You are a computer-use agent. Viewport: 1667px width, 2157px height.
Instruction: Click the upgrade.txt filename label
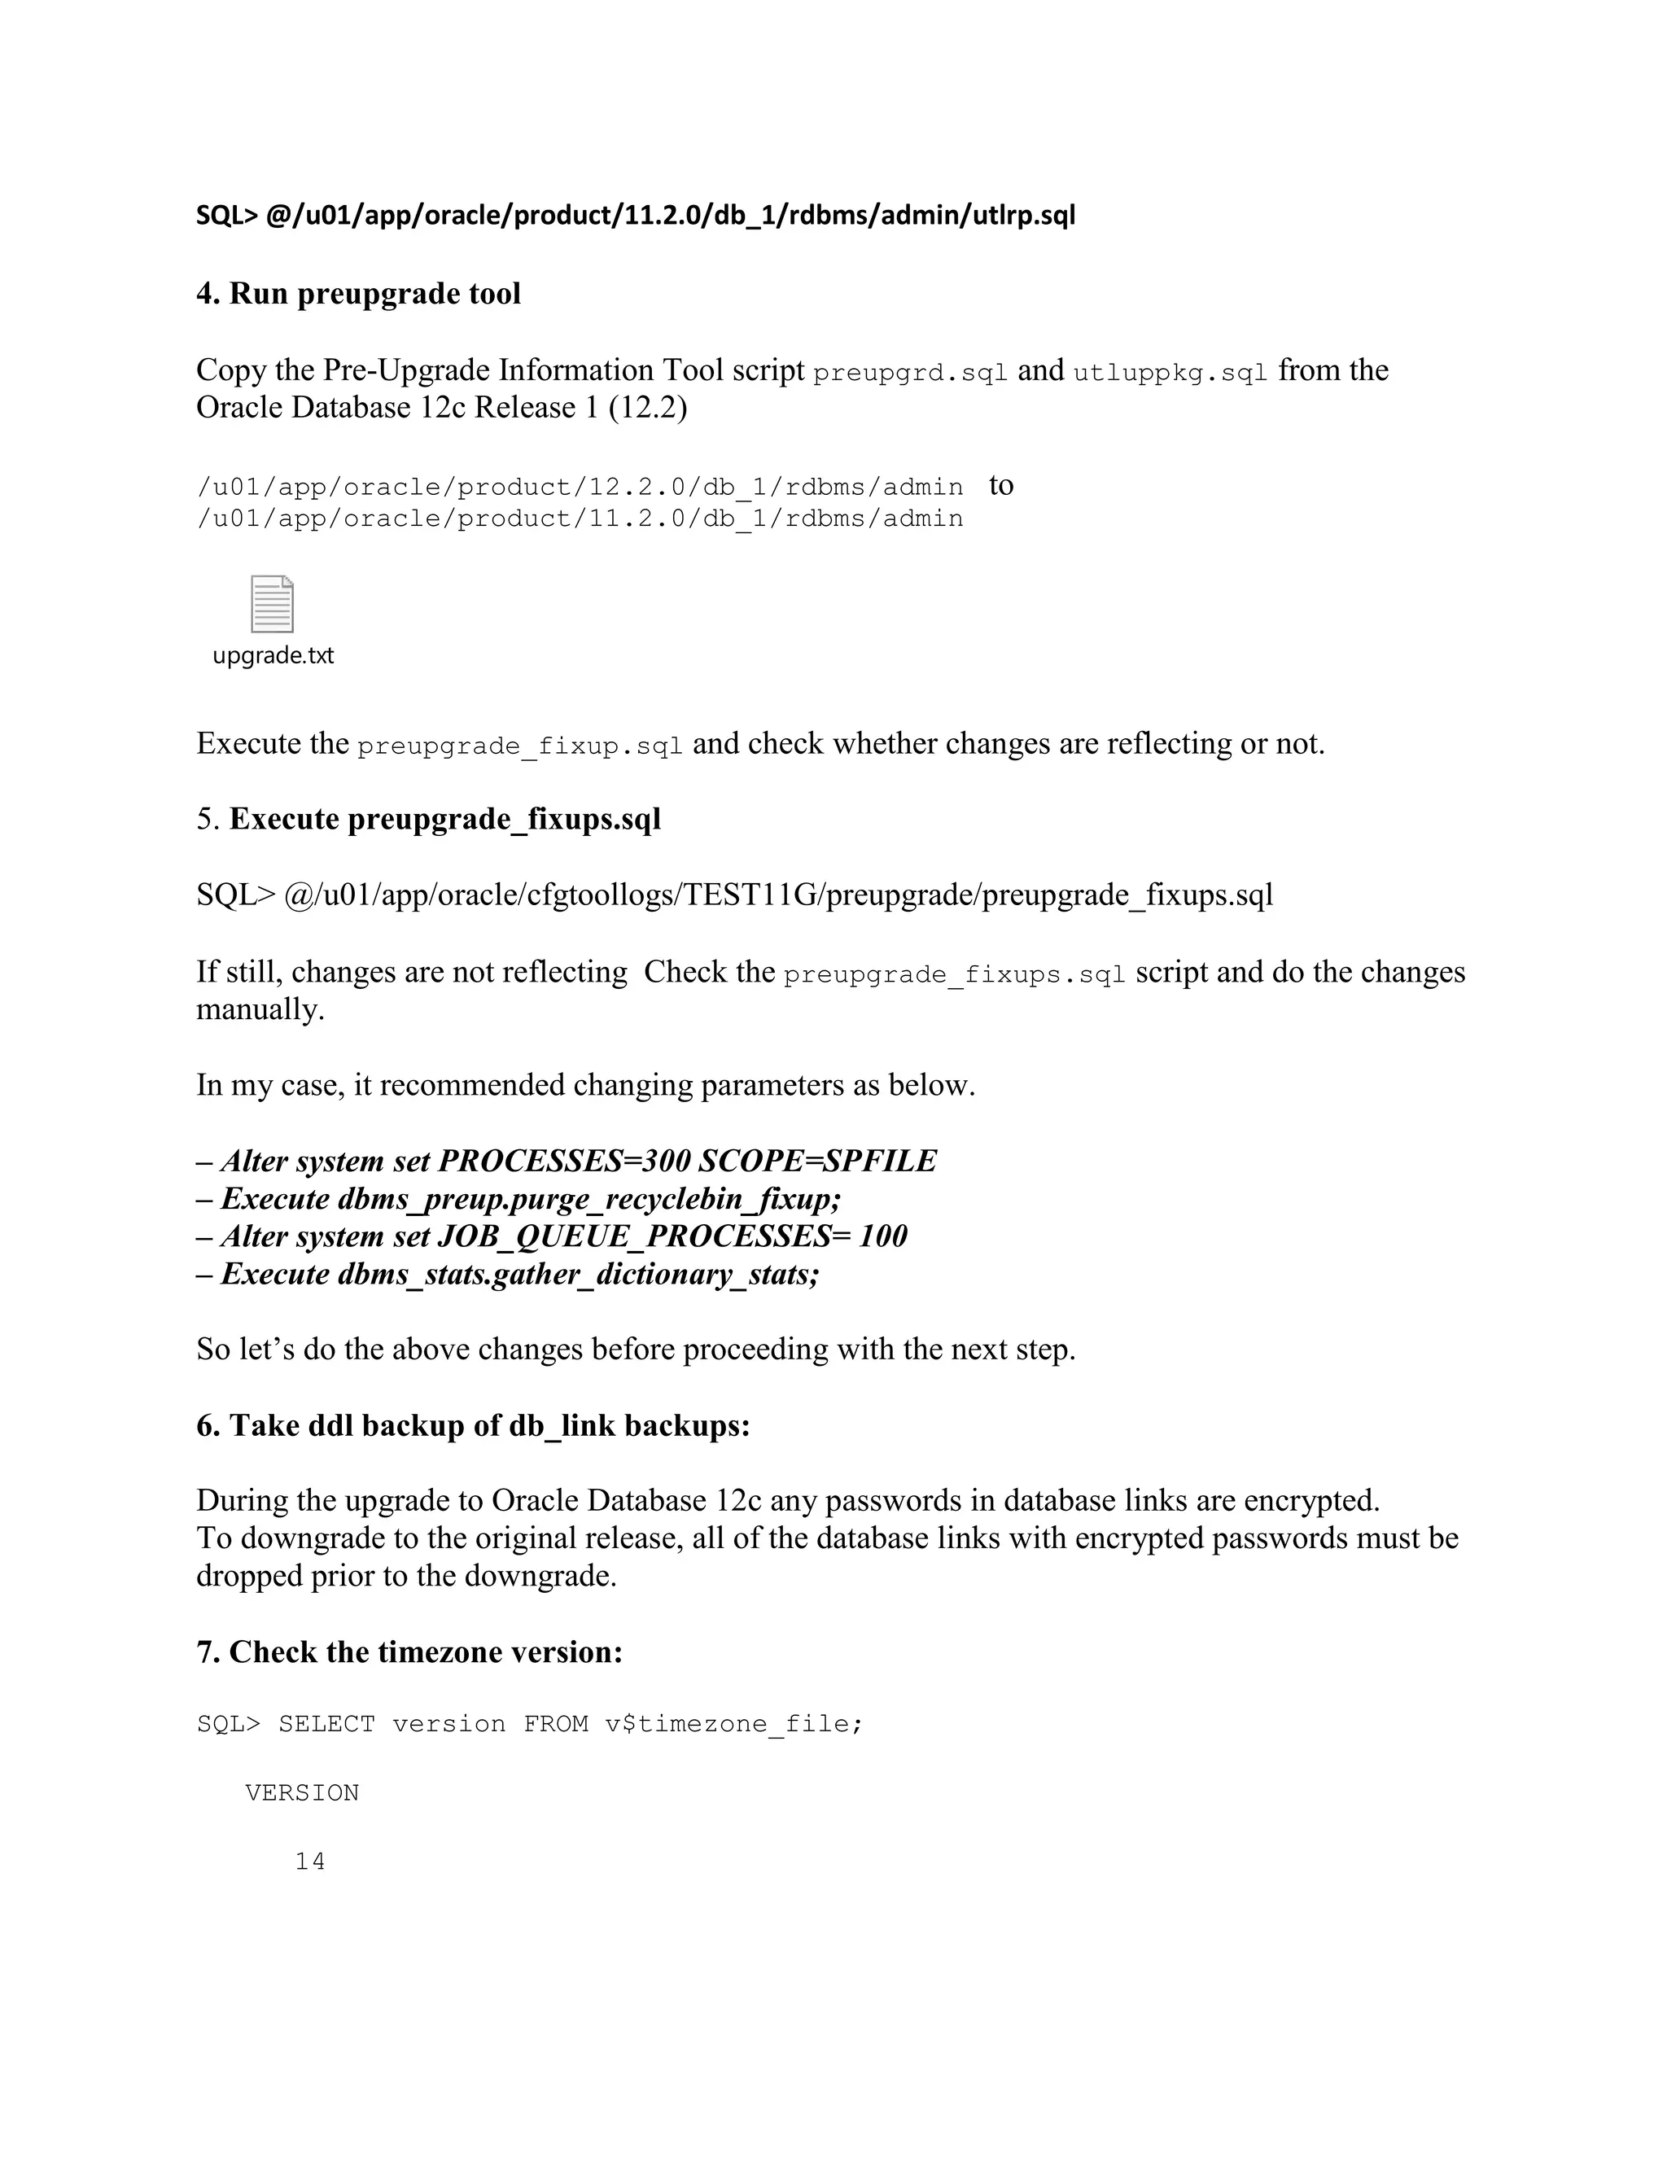[x=273, y=656]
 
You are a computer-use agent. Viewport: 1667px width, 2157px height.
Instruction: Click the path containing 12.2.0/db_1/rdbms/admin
[x=580, y=487]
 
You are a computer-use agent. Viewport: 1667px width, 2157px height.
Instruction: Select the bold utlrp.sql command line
[x=635, y=216]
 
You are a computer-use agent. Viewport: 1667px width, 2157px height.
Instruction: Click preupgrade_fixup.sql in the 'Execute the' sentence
[x=519, y=746]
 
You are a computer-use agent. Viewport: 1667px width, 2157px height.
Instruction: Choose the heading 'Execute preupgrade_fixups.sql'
[x=444, y=819]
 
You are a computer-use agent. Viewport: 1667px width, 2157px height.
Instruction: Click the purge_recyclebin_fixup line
[x=519, y=1198]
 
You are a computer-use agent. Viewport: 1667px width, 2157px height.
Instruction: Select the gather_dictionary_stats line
[x=509, y=1274]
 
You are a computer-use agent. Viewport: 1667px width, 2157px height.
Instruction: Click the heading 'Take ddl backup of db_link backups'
[x=473, y=1425]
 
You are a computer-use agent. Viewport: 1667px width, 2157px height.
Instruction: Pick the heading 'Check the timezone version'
[x=410, y=1652]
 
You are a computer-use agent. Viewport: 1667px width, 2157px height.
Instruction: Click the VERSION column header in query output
[x=302, y=1792]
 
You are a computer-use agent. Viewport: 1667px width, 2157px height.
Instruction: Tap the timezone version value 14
[x=310, y=1862]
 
